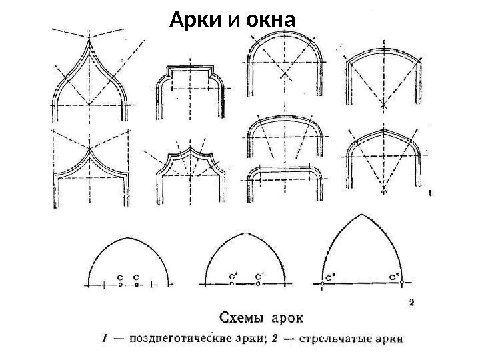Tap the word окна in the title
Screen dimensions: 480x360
(265, 22)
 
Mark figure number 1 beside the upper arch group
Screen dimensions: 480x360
(431, 195)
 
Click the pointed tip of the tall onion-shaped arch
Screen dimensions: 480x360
(89, 39)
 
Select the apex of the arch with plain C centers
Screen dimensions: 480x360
(127, 237)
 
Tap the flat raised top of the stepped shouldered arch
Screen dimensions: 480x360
(190, 68)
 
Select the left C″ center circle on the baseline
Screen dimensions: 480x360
(322, 283)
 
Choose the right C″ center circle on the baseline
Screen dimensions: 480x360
(403, 283)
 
